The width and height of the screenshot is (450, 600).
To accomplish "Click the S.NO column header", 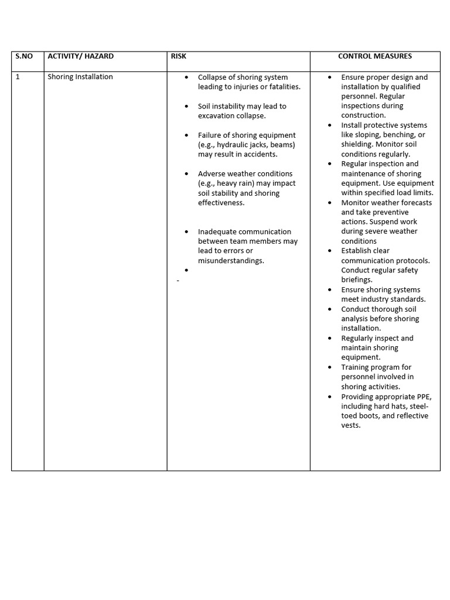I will [x=24, y=56].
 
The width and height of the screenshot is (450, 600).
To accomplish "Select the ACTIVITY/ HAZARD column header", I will [x=80, y=56].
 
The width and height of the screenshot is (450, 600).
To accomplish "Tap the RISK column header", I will [x=179, y=56].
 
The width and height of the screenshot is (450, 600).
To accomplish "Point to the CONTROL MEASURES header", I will [x=375, y=56].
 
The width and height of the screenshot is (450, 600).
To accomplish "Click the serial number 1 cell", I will [x=18, y=77].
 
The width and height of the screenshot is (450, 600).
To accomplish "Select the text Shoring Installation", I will [x=80, y=77].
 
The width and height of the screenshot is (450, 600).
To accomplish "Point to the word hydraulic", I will [x=234, y=145].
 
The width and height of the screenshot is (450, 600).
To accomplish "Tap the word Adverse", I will [x=212, y=174].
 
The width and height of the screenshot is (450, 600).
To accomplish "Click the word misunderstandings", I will [x=231, y=261].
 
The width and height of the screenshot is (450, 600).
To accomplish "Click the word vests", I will [x=351, y=425].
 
